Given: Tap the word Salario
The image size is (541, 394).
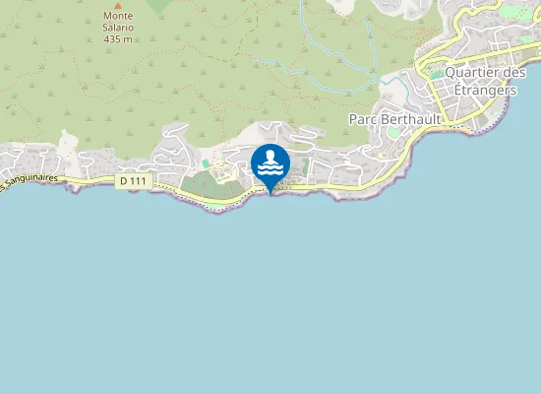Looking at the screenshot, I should coord(119,28).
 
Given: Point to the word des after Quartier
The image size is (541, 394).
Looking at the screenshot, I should coord(514,72).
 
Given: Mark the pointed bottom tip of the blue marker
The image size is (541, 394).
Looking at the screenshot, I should coord(270,194).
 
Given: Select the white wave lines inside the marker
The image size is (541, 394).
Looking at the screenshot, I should coord(270,170).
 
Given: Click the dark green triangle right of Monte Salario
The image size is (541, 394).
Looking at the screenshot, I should coord(157,5).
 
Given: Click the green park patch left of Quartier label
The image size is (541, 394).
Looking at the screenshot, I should coord(436,74).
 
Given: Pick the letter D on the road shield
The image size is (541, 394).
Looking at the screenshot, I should coord(124,181).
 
